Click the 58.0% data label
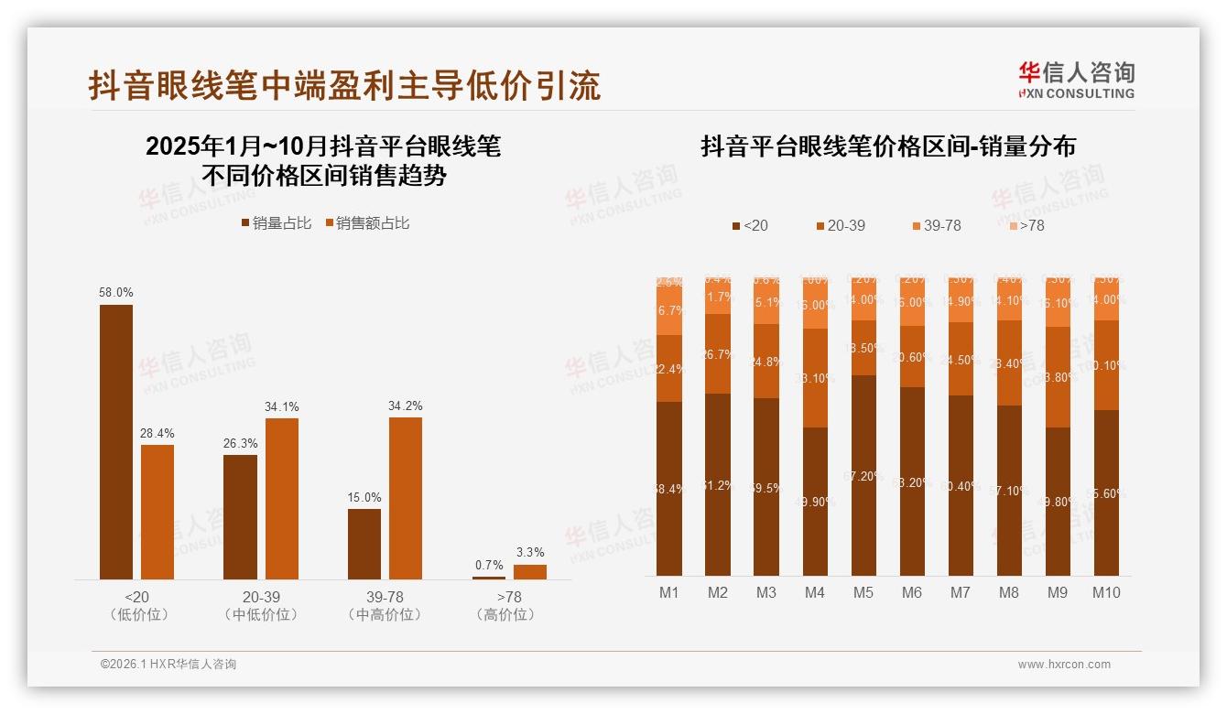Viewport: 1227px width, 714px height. [116, 292]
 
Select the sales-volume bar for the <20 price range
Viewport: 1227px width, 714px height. [116, 441]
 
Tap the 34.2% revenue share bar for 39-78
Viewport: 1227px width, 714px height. [406, 498]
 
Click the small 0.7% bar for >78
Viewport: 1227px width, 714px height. [489, 577]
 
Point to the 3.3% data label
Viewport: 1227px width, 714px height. [530, 552]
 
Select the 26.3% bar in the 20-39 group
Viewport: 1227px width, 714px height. [240, 516]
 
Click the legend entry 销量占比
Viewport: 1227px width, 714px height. [276, 223]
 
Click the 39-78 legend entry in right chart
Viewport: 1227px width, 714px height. [936, 225]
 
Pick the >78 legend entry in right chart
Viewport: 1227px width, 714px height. [1026, 225]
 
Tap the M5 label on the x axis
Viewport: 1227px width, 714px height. [863, 592]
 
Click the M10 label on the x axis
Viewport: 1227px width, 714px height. [1106, 592]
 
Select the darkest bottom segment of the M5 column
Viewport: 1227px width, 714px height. [863, 475]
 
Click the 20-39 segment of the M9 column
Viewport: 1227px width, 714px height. [1058, 377]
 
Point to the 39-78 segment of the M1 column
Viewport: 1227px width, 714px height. [669, 311]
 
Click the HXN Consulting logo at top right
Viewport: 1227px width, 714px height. [1076, 80]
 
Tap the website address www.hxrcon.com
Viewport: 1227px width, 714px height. [1064, 665]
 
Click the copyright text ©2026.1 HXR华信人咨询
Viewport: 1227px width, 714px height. [168, 665]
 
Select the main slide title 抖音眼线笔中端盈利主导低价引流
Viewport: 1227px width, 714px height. [344, 85]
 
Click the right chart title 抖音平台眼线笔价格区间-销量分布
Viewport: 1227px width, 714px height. [887, 146]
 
